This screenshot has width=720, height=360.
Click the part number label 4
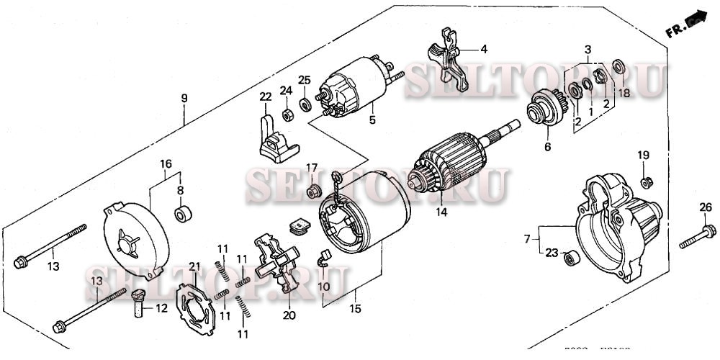click(x=484, y=50)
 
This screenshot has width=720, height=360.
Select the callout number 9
click(x=184, y=97)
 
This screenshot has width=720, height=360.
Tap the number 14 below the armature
click(x=441, y=212)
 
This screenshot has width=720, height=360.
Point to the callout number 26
click(x=706, y=209)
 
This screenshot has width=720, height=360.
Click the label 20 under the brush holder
click(x=289, y=315)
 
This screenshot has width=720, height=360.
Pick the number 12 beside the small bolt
click(x=161, y=309)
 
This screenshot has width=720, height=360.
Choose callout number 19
click(x=643, y=156)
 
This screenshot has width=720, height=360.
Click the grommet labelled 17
click(x=312, y=192)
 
